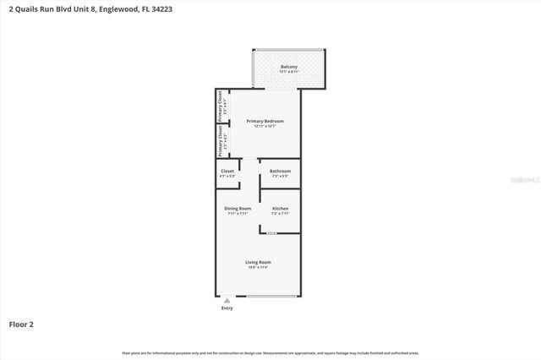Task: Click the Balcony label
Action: click(289, 67)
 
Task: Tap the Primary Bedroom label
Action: click(265, 121)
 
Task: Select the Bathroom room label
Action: click(280, 172)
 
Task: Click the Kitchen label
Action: click(280, 209)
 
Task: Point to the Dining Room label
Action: click(238, 209)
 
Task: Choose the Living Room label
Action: click(258, 262)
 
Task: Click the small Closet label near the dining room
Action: click(227, 172)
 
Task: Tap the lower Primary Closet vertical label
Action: click(221, 140)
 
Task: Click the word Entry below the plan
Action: click(227, 308)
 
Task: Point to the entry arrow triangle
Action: click(227, 299)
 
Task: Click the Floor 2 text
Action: click(21, 324)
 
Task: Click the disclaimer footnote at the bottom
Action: click(270, 352)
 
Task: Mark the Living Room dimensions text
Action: click(258, 267)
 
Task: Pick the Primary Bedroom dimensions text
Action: click(265, 126)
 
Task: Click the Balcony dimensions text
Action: click(289, 72)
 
